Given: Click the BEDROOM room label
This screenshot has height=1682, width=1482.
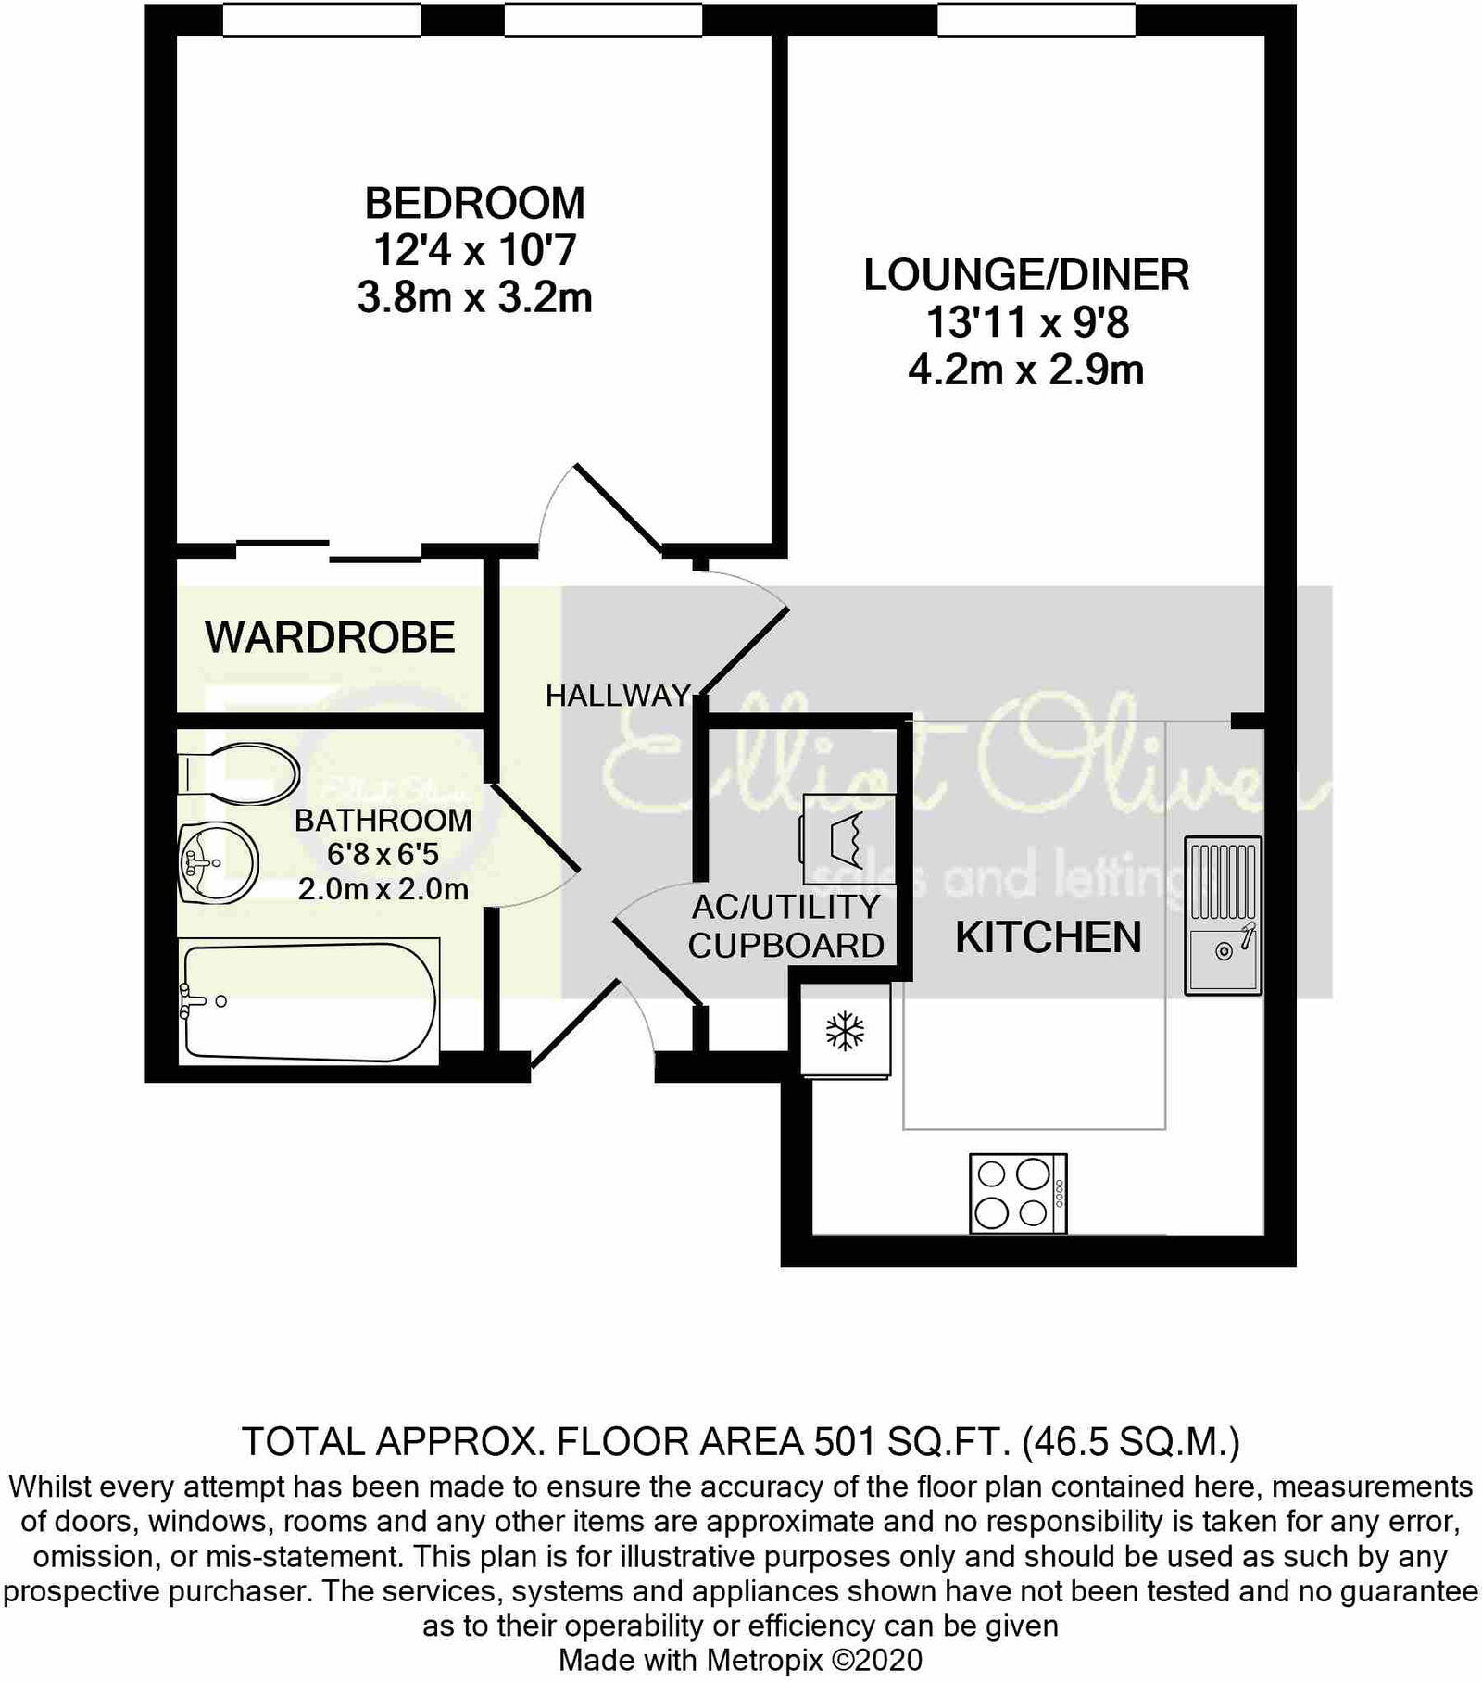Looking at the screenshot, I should click(x=474, y=203).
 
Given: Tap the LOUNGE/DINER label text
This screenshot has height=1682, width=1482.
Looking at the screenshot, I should click(x=1026, y=275).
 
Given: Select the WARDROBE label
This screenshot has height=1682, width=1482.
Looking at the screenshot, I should click(x=330, y=637).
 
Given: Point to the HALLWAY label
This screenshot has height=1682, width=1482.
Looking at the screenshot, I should click(x=618, y=696).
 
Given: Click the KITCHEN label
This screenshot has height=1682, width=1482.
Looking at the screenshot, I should click(x=1048, y=937).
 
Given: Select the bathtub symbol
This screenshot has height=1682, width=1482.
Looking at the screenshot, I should click(x=308, y=1001).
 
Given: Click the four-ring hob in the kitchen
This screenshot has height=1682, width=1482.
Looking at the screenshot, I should click(x=1018, y=1192).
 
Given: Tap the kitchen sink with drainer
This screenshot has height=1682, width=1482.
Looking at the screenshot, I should click(x=1223, y=915).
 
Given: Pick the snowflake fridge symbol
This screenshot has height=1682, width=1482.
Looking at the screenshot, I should click(x=845, y=1030).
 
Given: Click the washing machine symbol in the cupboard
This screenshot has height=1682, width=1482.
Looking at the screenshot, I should click(x=848, y=839).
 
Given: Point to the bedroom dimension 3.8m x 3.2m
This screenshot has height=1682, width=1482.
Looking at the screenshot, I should click(x=474, y=298).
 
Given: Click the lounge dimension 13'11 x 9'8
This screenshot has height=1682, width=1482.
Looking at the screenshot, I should click(x=1026, y=323).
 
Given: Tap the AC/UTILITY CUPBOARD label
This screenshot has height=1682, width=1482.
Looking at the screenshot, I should click(x=785, y=926).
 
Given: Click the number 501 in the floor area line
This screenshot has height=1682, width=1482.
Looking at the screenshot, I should click(x=843, y=1441).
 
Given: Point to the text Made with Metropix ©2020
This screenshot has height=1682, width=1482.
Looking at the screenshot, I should click(x=740, y=1659).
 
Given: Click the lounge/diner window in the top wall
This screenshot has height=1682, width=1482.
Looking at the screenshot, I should click(x=1036, y=19).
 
